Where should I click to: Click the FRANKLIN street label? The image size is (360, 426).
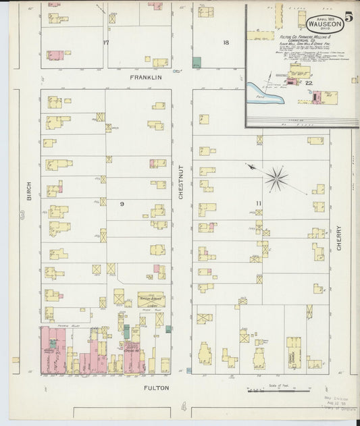coord(146,78)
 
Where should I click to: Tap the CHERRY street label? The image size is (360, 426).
coord(338,238)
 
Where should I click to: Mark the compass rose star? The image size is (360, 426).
coord(276,178)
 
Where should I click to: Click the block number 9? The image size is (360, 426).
coord(122,203)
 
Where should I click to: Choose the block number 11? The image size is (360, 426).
coord(258,203)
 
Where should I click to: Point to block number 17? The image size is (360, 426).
coord(105,43)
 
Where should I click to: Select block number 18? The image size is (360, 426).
coord(226,43)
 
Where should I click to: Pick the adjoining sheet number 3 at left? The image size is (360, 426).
coord(22,215)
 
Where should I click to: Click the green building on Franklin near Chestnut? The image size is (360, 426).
coord(197,63)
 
